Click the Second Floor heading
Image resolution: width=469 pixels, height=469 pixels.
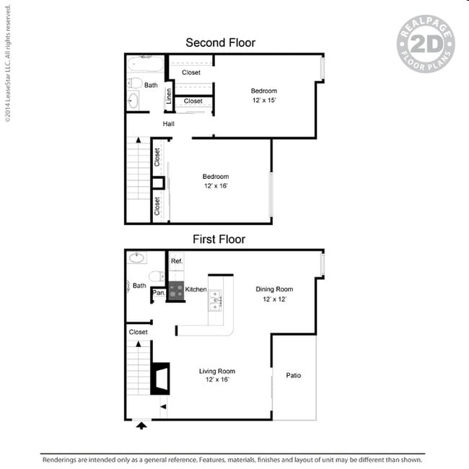[x=221, y=43]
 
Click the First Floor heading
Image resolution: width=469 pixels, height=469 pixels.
[x=219, y=240]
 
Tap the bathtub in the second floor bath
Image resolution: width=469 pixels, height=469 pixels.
[x=145, y=63]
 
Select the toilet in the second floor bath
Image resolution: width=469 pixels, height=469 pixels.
[x=135, y=83]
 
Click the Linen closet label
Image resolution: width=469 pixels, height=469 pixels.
[x=169, y=96]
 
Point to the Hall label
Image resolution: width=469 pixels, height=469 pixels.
[x=168, y=124]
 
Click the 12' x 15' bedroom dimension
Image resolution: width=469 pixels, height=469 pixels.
[x=264, y=100]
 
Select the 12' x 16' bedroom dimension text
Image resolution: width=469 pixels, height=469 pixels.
[x=216, y=185]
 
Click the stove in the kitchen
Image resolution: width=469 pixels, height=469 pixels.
[x=176, y=291]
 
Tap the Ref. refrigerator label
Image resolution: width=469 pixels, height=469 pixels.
[x=177, y=261]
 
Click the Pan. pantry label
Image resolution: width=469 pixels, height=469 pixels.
[x=159, y=292]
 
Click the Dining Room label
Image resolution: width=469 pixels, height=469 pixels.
[x=274, y=289]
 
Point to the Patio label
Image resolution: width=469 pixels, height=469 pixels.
[x=294, y=375]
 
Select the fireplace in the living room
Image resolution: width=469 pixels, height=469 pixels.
[x=160, y=379]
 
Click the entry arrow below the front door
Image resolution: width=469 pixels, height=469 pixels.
[x=141, y=425]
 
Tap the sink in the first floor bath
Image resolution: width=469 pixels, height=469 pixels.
[x=136, y=258]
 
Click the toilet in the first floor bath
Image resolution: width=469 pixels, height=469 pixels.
[x=156, y=276]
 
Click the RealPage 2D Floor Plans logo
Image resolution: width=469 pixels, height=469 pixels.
[x=426, y=44]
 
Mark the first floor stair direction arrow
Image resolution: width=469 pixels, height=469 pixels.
[x=139, y=344]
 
